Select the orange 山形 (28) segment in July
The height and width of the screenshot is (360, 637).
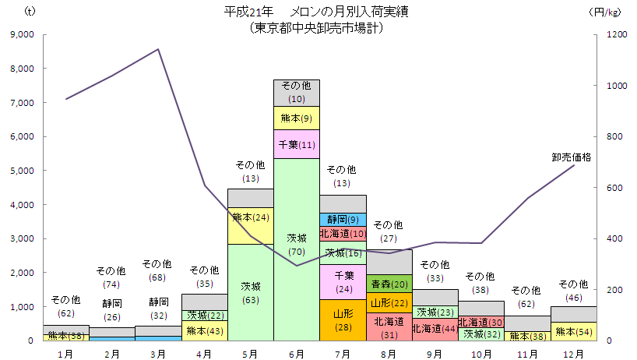coord(343,319)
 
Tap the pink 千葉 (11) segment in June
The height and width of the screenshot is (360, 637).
coord(297,144)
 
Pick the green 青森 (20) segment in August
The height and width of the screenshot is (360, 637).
coord(389,284)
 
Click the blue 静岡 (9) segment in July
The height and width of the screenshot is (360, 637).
coord(343,219)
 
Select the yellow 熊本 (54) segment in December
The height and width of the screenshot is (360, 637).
coord(574,331)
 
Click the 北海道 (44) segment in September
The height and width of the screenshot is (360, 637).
coord(435,329)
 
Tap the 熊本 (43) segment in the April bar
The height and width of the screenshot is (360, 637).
coord(205,330)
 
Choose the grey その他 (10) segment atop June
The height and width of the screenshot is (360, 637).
coord(297,93)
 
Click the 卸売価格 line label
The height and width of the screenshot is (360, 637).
coord(572,157)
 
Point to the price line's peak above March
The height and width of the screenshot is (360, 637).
coord(158,49)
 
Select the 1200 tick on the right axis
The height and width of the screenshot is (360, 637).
coord(605,34)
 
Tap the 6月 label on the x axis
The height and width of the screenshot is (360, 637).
coord(297,353)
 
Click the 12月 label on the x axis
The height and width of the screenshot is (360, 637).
coord(574,353)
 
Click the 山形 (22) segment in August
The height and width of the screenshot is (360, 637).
coord(389,302)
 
